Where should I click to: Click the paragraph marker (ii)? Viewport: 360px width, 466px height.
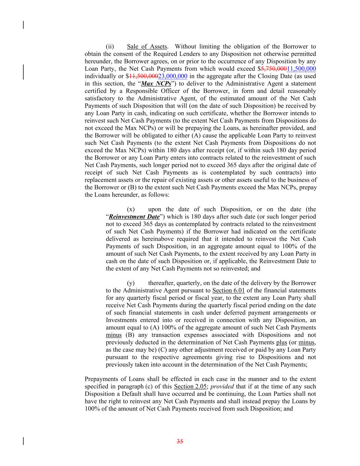(110, 47)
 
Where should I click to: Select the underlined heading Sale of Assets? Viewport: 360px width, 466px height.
(147, 47)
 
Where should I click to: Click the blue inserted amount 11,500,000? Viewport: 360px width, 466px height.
(301, 69)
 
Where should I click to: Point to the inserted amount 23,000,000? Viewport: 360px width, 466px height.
(173, 76)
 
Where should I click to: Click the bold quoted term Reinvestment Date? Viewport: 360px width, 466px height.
(134, 217)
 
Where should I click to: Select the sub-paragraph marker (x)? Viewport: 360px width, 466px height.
(131, 209)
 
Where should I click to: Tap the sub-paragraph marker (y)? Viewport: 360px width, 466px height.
(131, 283)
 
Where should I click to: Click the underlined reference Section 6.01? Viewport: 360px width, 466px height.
(228, 291)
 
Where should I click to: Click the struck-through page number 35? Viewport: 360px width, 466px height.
(180, 441)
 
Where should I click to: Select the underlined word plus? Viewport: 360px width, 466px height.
(282, 342)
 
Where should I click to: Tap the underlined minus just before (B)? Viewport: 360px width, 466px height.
(114, 335)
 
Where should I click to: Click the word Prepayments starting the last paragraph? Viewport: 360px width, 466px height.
(101, 379)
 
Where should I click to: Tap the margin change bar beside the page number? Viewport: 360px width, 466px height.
(23, 441)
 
